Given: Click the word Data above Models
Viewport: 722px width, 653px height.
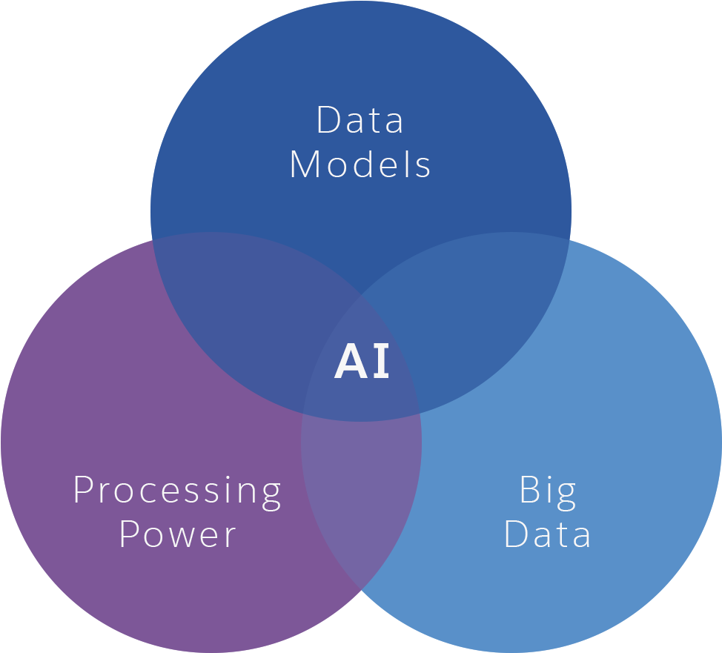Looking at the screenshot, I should coord(360,121).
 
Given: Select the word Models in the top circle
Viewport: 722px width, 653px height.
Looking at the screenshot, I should coord(360,165).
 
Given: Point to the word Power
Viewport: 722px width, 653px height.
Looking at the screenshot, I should coord(178,534).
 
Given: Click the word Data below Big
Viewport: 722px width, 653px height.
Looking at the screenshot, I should coord(548,534).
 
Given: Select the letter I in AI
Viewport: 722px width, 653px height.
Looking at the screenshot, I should coord(381,362).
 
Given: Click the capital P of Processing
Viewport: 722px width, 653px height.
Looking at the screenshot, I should coord(84,490).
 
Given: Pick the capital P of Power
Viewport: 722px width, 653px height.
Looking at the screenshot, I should coord(130,534).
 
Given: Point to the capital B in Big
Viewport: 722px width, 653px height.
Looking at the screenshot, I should coord(529,490).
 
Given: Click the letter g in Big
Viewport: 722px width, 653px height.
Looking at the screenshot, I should coord(566,495).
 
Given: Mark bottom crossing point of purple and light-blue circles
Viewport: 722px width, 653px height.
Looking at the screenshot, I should coord(361,589).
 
